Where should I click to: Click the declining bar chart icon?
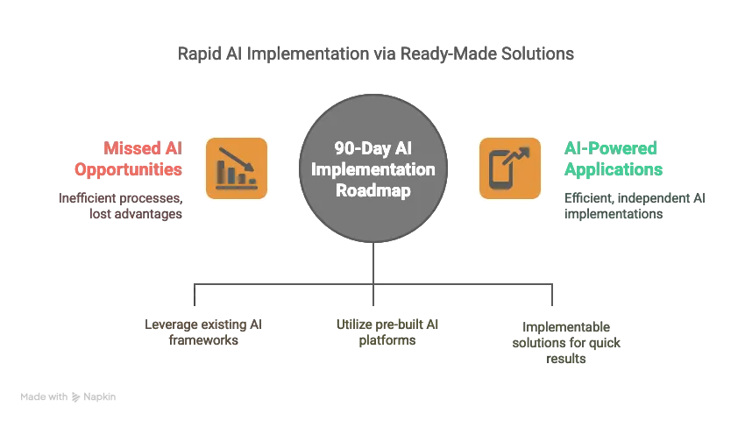tap(236, 168)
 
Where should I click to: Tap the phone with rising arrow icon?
tap(509, 168)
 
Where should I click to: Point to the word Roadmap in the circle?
tap(373, 190)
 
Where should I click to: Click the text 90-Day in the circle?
tap(353, 149)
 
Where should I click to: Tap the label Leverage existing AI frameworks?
tap(202, 332)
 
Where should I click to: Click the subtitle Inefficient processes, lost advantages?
tap(121, 206)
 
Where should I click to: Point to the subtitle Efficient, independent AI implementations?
tap(635, 206)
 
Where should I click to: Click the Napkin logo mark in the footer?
tap(76, 397)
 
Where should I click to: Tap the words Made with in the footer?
tap(44, 397)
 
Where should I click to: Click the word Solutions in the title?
tap(541, 54)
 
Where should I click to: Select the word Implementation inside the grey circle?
tap(373, 169)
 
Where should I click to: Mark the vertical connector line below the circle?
tap(373, 263)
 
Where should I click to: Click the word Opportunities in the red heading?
tap(128, 169)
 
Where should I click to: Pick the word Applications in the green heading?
tap(613, 169)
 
